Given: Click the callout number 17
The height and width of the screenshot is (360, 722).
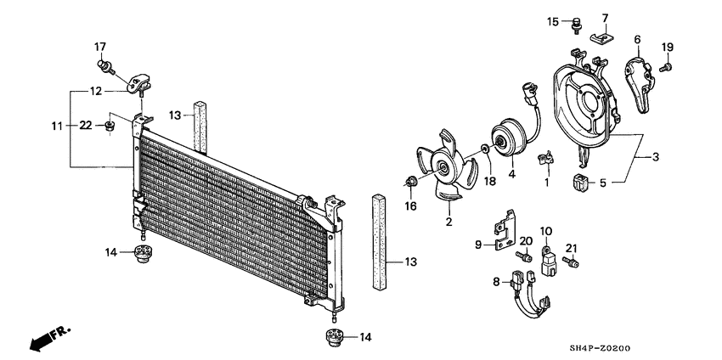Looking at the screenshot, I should tap(99, 46).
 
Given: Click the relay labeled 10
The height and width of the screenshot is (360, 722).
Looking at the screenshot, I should tap(546, 258).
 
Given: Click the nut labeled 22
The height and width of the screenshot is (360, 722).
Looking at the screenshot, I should tap(109, 127).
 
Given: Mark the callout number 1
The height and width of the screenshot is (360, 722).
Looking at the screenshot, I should tap(547, 183).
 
